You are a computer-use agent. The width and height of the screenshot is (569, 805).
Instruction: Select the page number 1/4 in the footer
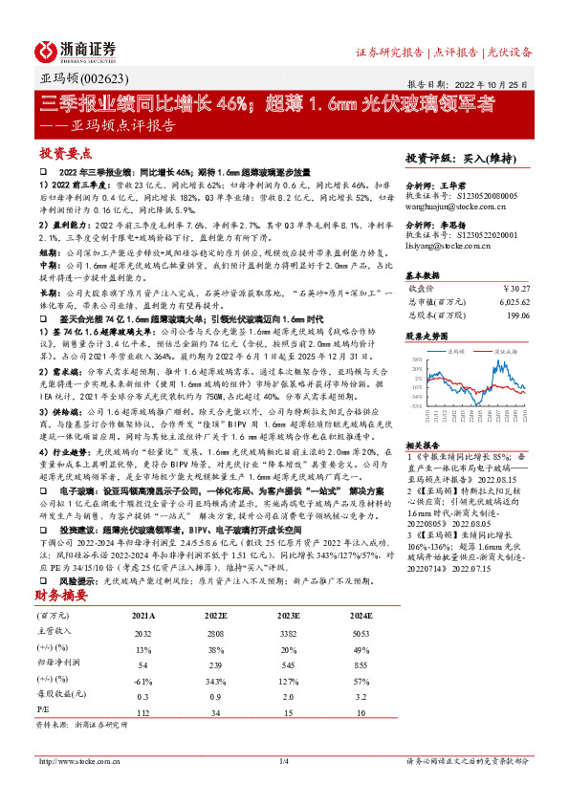tap(283, 761)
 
